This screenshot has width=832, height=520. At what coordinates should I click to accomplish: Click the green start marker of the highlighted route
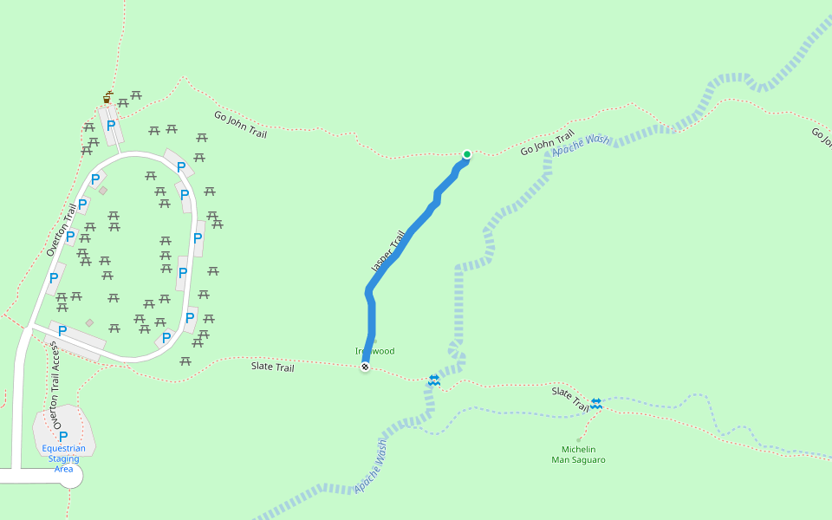tap(467, 155)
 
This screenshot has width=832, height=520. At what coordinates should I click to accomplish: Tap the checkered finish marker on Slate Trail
tap(366, 367)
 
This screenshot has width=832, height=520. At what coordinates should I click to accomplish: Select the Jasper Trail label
tap(388, 252)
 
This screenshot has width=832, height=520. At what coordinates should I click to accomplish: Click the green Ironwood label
tap(375, 351)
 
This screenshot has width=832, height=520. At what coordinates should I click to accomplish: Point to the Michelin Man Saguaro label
tap(578, 454)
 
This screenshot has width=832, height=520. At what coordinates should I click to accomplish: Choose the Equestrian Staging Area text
tap(63, 458)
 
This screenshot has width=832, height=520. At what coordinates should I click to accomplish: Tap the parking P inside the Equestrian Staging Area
tap(63, 436)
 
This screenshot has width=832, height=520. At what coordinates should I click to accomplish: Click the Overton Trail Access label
tap(56, 385)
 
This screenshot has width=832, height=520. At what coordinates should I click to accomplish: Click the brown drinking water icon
tap(107, 98)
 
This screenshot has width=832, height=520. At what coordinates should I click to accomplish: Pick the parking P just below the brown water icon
tap(111, 126)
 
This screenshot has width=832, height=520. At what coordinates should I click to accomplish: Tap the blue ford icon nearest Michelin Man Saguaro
tap(596, 404)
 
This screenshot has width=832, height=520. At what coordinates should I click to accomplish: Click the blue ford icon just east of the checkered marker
tap(434, 380)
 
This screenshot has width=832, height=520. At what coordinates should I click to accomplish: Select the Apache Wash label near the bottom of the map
tap(370, 466)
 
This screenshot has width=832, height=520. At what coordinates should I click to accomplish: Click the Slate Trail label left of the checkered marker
tap(273, 367)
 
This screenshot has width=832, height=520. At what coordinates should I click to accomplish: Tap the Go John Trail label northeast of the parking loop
tap(240, 125)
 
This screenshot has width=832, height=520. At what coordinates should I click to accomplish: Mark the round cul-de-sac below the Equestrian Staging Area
tap(69, 476)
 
